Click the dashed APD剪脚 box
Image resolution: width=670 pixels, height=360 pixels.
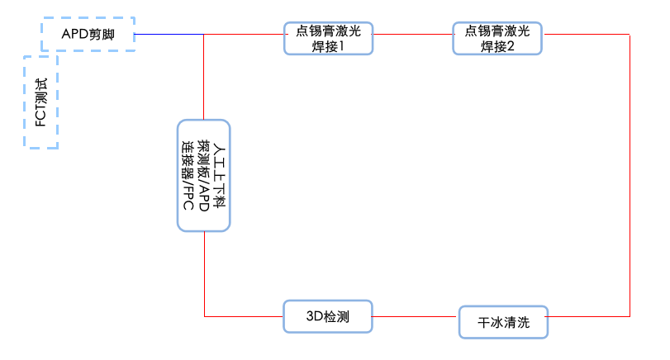[x=88, y=34]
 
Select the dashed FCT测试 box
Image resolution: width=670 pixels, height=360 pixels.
[x=40, y=102]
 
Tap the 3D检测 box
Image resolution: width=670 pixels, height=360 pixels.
[x=327, y=315]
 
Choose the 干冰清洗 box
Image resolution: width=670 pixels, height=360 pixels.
[x=503, y=323]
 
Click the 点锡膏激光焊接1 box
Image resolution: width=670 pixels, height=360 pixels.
[x=328, y=38]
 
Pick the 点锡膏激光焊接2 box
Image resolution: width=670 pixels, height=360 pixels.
[x=497, y=38]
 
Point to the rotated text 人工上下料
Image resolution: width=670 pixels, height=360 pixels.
[x=219, y=175]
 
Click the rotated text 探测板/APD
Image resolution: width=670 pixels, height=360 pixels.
[x=203, y=175]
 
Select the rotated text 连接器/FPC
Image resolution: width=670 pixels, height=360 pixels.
[x=188, y=175]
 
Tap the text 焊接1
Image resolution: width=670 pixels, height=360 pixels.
[x=328, y=46]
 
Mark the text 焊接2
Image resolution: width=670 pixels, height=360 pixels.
[x=497, y=46]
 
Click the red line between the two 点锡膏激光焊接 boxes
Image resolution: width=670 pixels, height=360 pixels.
[x=413, y=35]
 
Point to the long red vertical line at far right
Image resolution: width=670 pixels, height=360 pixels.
[x=630, y=173]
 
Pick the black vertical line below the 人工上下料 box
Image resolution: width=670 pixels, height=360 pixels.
[x=203, y=272]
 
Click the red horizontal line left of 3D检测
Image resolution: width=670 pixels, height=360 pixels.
[x=244, y=315]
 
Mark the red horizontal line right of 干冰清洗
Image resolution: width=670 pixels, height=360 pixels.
[x=589, y=315]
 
